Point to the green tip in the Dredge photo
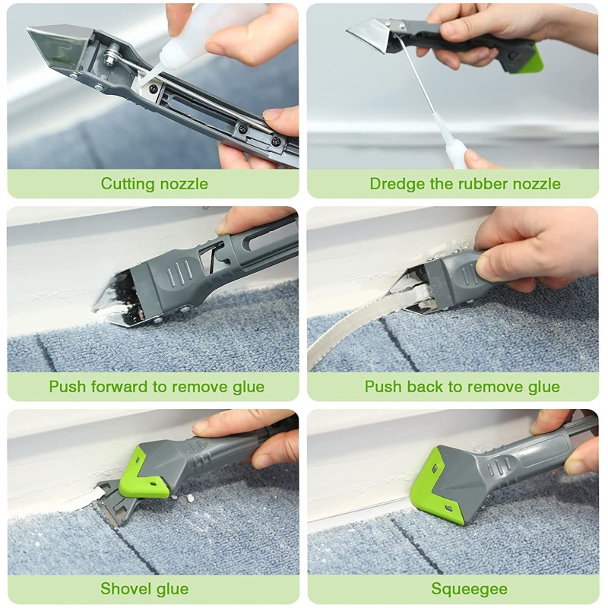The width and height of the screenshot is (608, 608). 534,59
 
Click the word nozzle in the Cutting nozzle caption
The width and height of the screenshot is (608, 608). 184,184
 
